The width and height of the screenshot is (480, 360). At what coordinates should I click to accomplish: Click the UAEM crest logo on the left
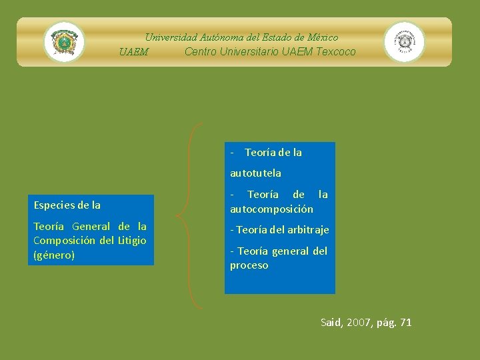(64, 42)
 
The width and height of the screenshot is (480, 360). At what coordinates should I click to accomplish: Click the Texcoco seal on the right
(404, 42)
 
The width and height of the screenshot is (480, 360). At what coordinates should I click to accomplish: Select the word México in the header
(322, 37)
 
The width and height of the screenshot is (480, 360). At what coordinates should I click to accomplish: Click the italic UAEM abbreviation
(133, 52)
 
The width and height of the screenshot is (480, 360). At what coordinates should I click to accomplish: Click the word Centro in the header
(200, 51)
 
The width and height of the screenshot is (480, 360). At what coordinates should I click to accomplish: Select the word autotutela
(255, 173)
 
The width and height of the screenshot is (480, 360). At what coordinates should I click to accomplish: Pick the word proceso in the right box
(249, 265)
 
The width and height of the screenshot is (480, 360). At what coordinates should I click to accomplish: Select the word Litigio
(132, 240)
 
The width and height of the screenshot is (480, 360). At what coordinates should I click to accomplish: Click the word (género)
(53, 255)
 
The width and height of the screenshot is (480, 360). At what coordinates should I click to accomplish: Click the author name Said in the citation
(331, 323)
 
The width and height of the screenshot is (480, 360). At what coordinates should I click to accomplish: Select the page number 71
(406, 323)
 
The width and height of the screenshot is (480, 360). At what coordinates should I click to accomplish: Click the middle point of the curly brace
(179, 215)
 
